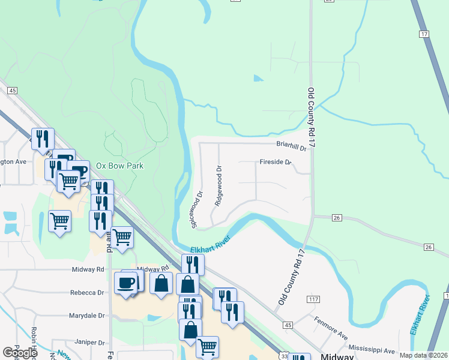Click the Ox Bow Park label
coord(120,166)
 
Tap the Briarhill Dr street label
coord(291,145)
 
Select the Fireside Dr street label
coord(275,162)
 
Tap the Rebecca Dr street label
coord(88,293)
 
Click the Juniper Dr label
coord(90,343)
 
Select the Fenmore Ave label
coord(330,326)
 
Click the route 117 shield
coord(313,299)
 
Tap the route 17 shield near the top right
coord(424,35)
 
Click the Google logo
coord(20,353)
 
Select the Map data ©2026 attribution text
coord(424,355)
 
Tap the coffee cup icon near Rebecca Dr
coord(126,283)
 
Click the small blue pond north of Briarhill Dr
coord(258,78)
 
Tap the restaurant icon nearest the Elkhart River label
coord(193,263)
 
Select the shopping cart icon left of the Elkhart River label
coord(122,237)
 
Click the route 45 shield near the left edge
coord(11,90)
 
